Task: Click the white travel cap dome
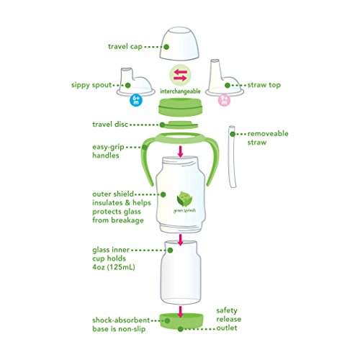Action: click(181, 45)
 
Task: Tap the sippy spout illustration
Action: click(145, 84)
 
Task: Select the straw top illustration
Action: click(219, 81)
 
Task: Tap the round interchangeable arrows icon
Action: click(181, 76)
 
